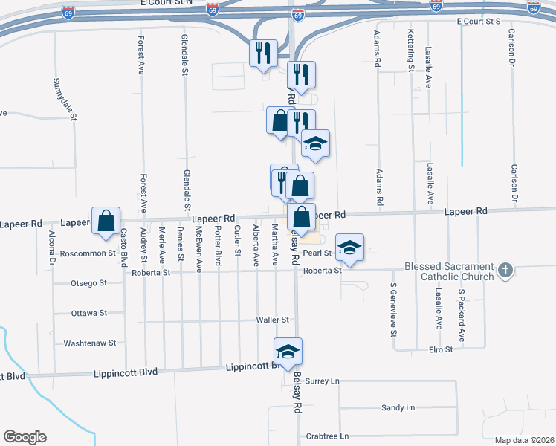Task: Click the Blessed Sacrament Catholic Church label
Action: (448, 272)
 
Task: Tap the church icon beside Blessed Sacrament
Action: (505, 271)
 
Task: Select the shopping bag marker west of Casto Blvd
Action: (106, 220)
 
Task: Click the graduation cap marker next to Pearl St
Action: (349, 248)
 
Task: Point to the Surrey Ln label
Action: (322, 381)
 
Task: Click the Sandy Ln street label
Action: (398, 408)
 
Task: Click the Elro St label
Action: (441, 349)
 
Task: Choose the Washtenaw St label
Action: (90, 343)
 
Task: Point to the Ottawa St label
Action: (89, 313)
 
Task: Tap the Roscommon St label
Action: (88, 253)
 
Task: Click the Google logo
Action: (25, 437)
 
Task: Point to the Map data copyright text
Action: (525, 440)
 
